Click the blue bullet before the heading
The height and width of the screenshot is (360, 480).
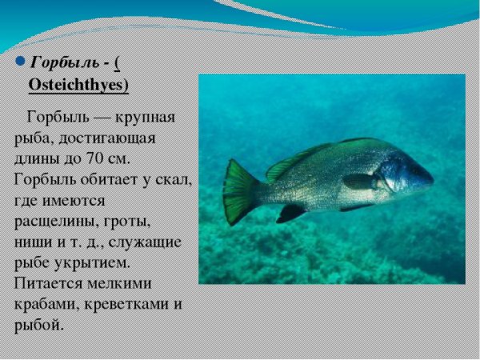pos(21,62)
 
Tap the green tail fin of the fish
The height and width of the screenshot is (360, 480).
pos(238,191)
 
